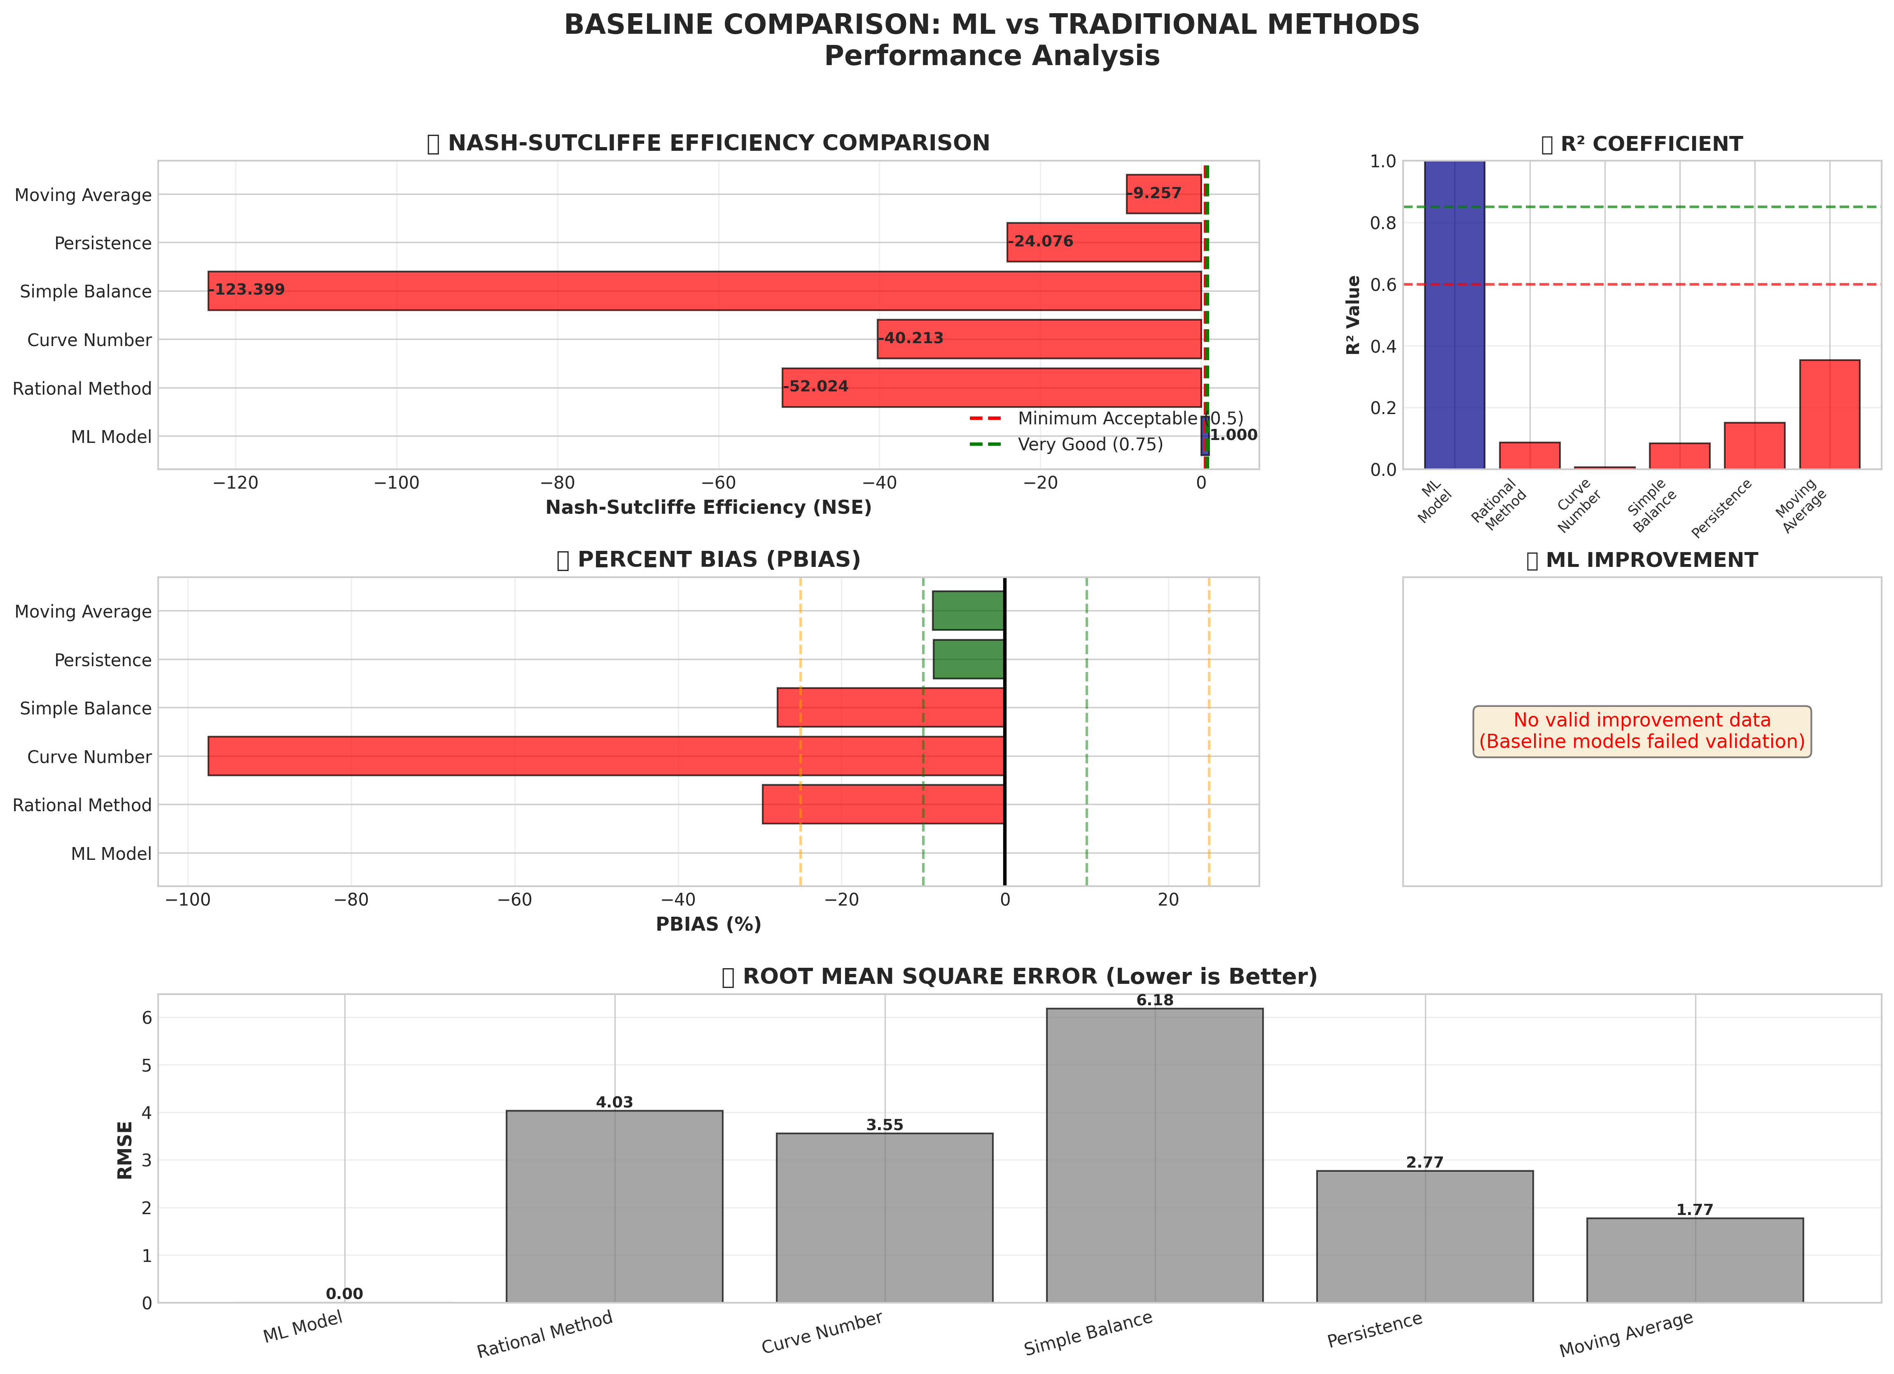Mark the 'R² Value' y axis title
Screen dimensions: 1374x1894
(x=1354, y=315)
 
